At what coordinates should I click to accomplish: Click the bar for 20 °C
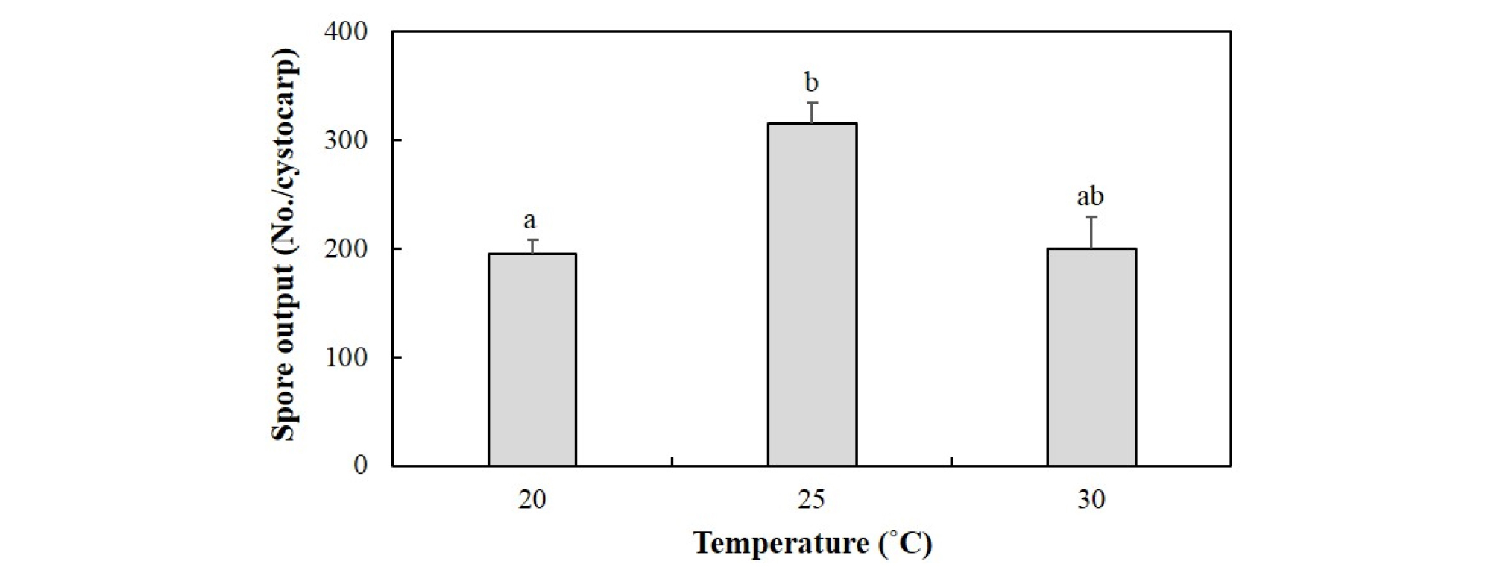click(x=532, y=360)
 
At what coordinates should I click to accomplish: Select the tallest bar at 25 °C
click(x=812, y=295)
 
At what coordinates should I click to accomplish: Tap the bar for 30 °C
click(x=1091, y=357)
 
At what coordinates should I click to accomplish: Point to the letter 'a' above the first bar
click(x=529, y=221)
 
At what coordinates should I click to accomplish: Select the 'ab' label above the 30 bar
click(x=1090, y=197)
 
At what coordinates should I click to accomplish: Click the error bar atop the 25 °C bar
click(x=812, y=113)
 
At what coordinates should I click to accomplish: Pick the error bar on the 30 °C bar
click(x=1091, y=232)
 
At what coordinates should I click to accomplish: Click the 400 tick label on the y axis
click(x=346, y=32)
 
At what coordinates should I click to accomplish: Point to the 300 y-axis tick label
click(x=346, y=140)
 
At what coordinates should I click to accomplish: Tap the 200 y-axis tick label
click(x=346, y=248)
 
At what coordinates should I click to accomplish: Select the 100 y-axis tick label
click(x=346, y=357)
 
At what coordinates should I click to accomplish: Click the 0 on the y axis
click(x=361, y=466)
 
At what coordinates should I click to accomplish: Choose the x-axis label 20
click(x=532, y=500)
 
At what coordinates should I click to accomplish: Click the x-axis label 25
click(x=812, y=500)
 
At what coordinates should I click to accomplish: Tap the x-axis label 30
click(x=1091, y=500)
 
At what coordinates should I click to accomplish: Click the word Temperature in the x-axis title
click(x=779, y=543)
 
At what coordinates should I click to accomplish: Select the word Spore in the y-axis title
click(x=283, y=407)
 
